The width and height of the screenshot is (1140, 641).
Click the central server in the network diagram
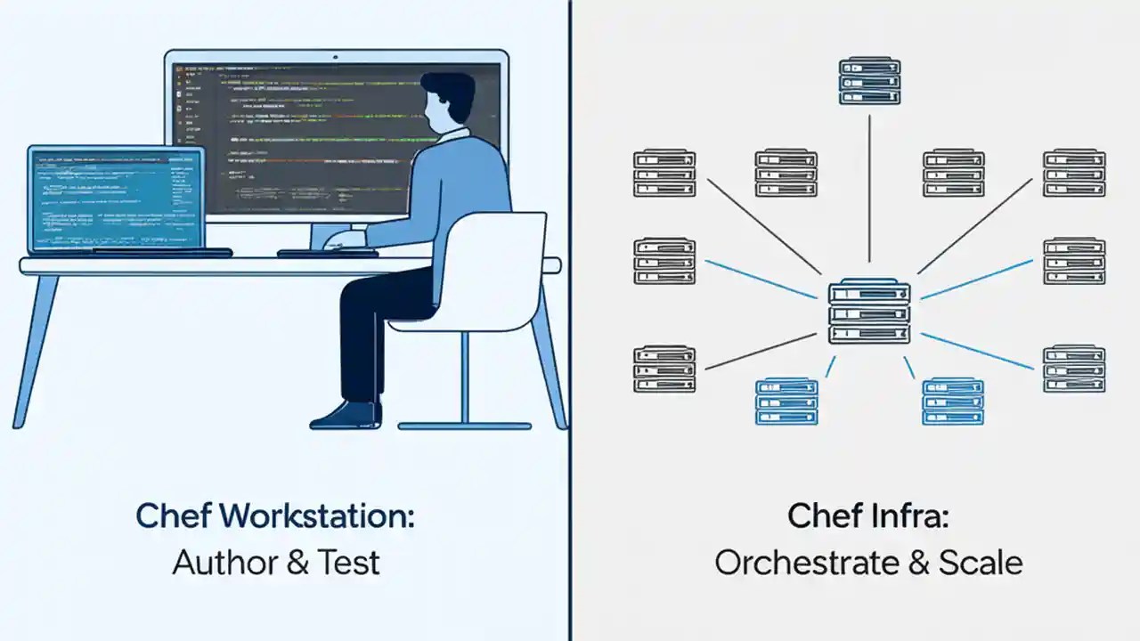tap(869, 312)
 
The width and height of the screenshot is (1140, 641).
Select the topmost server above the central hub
tap(869, 81)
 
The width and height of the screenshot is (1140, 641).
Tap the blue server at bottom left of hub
tap(786, 402)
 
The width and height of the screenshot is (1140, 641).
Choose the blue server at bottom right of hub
tap(952, 402)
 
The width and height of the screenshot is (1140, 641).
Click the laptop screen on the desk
tap(116, 199)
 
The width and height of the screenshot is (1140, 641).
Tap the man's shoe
tap(347, 416)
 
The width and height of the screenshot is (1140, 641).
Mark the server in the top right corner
tap(1074, 174)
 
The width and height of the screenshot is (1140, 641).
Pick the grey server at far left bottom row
tap(664, 369)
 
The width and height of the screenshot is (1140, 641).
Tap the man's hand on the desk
tap(342, 239)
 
